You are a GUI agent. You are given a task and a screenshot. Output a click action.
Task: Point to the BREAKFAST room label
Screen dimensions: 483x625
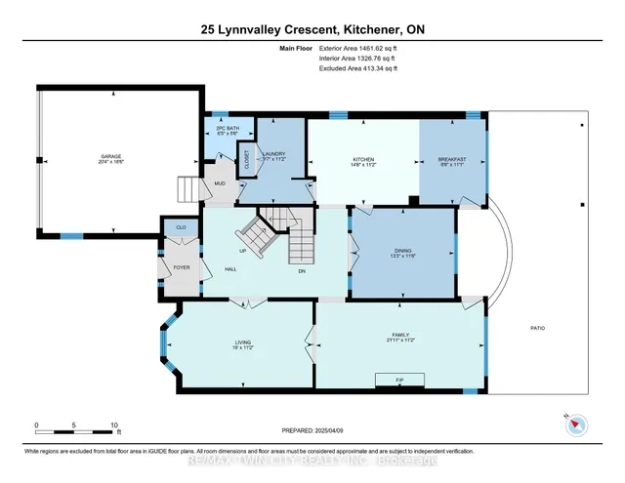tap(451, 160)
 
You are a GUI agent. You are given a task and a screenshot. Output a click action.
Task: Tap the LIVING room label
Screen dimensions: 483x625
tap(243, 343)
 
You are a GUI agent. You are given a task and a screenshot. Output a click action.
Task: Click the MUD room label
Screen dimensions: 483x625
tap(220, 182)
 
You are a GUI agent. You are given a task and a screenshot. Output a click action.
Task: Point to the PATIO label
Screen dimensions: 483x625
tap(538, 328)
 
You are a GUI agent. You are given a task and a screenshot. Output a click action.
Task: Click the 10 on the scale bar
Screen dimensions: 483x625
tap(114, 426)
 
